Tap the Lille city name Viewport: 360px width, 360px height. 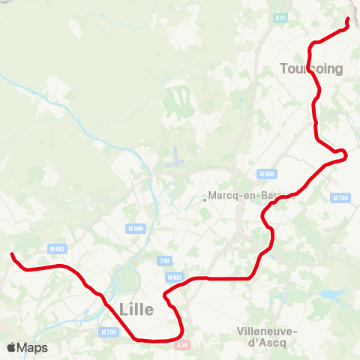(x=136, y=309)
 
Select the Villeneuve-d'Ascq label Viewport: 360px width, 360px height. (x=267, y=337)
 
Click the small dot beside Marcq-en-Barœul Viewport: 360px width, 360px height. (x=205, y=199)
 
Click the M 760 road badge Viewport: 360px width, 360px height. (x=340, y=198)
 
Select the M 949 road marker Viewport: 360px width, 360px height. (x=136, y=229)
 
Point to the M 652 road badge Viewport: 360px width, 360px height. (x=57, y=248)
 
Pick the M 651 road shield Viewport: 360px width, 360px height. (x=175, y=277)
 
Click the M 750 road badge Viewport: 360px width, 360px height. (x=108, y=331)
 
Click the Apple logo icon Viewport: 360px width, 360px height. (x=11, y=347)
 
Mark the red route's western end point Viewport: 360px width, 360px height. (x=12, y=256)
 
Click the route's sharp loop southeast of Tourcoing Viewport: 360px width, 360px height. (x=343, y=155)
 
